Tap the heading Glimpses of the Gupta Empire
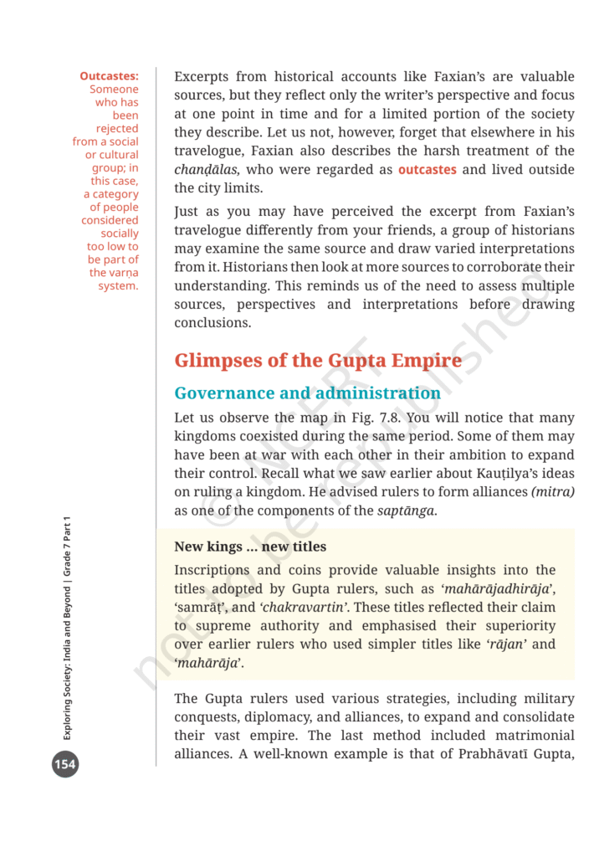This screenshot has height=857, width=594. [x=317, y=361]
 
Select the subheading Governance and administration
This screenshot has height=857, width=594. [x=307, y=393]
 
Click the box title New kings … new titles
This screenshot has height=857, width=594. [x=249, y=547]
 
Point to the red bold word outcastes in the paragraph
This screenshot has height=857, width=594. [x=427, y=170]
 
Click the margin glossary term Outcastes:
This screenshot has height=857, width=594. [x=109, y=76]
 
